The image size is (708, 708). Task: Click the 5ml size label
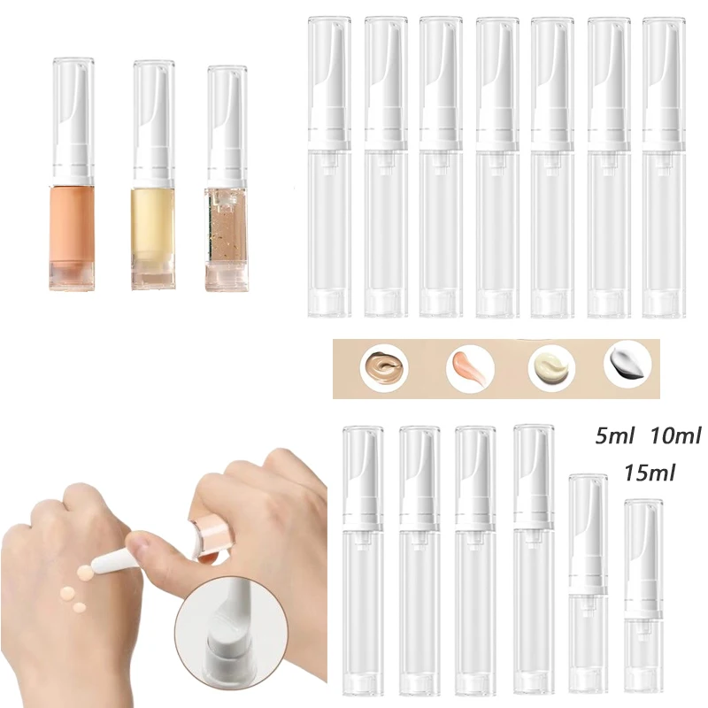[615, 436]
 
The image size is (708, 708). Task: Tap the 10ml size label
[675, 435]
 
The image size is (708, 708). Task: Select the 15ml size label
[650, 473]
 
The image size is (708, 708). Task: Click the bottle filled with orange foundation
[73, 173]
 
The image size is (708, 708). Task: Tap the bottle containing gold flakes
[227, 179]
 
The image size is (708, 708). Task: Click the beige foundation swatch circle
[384, 368]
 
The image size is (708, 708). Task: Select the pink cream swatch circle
[470, 368]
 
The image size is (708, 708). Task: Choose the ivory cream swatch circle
[551, 367]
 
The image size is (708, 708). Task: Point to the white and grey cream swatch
[628, 364]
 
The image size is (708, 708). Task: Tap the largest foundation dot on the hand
[85, 573]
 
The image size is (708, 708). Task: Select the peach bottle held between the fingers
[212, 536]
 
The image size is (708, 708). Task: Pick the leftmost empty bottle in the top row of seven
[329, 167]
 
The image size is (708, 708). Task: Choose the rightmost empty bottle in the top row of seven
[664, 167]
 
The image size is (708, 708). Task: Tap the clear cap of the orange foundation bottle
[73, 118]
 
